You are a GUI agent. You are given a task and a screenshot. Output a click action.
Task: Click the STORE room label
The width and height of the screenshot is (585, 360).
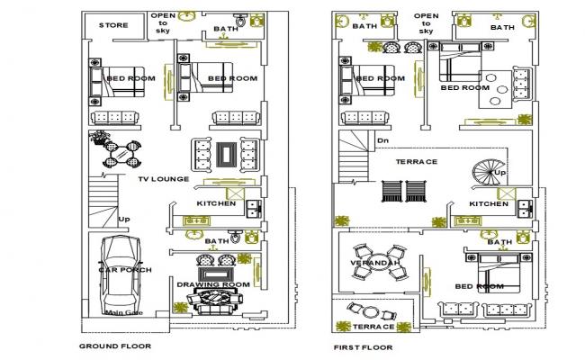coord(113,25)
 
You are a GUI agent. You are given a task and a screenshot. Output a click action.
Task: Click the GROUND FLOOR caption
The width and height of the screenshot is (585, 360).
coord(115,346)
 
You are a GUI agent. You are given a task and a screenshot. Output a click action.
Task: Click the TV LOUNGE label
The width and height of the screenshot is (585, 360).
coord(163,179)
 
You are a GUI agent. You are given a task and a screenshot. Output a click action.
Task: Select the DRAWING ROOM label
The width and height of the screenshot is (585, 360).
coord(212,284)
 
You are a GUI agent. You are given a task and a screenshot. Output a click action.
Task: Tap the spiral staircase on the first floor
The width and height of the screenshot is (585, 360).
coord(491,174)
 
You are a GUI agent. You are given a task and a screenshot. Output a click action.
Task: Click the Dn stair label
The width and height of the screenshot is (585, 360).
coord(382,140)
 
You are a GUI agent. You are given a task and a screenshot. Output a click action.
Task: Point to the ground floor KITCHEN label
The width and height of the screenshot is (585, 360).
coord(216,203)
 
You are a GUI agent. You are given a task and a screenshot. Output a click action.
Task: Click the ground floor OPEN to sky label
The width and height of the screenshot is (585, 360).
coord(163,22)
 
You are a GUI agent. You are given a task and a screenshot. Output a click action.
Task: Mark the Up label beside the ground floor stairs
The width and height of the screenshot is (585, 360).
coord(123,219)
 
